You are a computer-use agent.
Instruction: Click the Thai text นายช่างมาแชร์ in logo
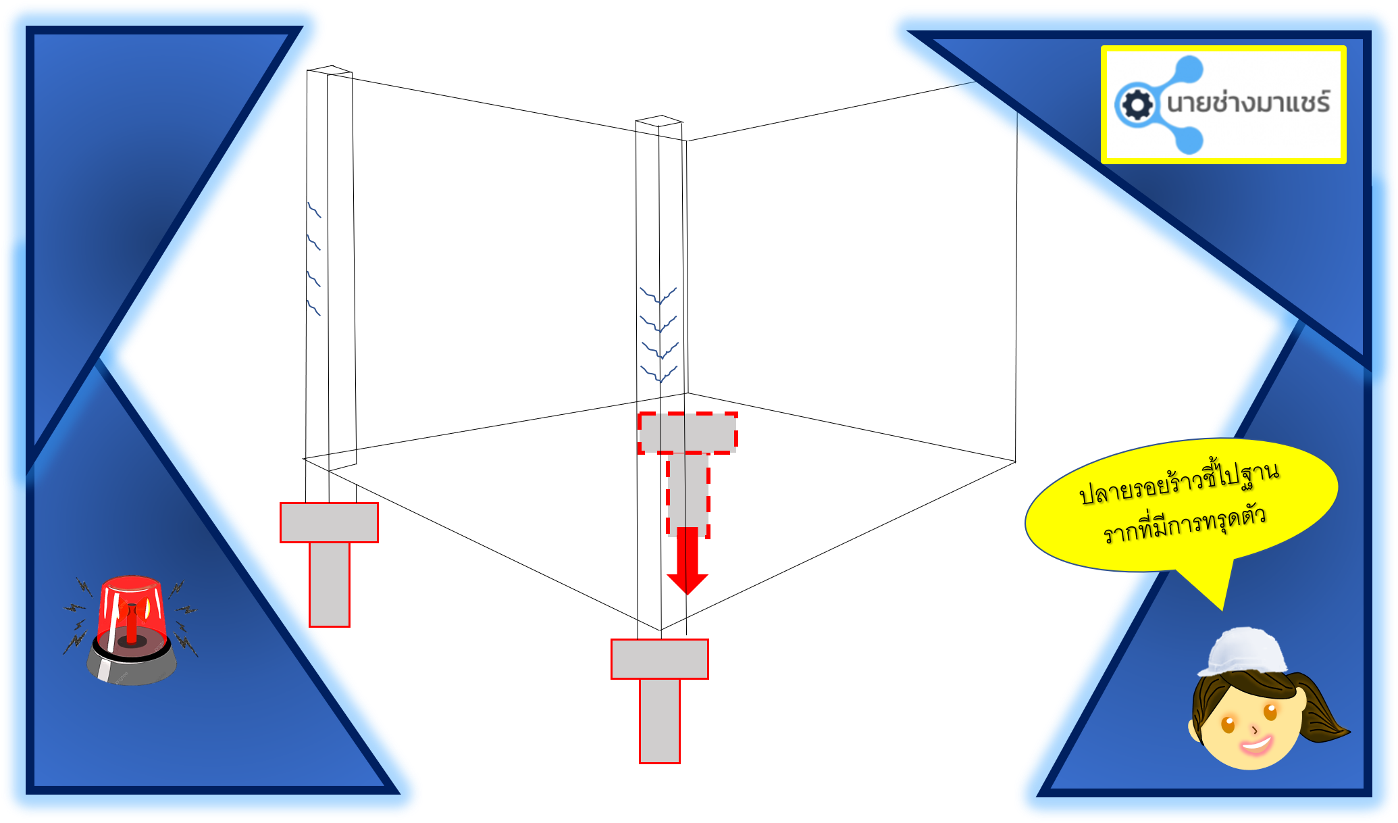tap(1248, 103)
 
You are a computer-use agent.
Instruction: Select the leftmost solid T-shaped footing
tap(329, 522)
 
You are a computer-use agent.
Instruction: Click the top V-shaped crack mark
tap(658, 296)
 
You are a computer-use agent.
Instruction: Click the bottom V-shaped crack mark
tap(659, 374)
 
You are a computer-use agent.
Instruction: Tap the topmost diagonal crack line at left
tap(314, 209)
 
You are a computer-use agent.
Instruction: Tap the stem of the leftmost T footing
tap(330, 584)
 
